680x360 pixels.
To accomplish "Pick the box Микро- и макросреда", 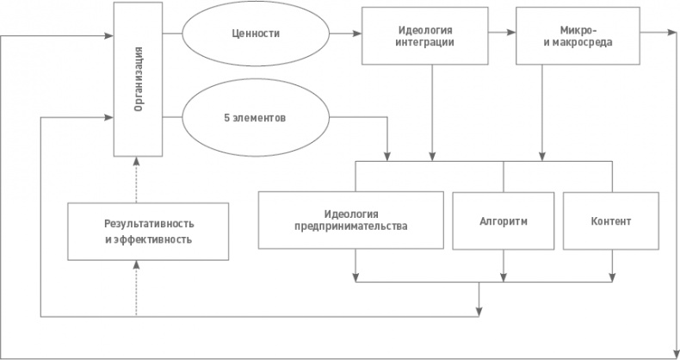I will coord(566,36).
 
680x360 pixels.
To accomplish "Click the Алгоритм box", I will coord(504,220).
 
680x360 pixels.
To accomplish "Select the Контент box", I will coord(611,220).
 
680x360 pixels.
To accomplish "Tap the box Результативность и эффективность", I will coord(148,231).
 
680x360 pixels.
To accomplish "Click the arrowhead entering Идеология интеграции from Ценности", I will coord(356,35).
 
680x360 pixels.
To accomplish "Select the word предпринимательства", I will coord(353,227).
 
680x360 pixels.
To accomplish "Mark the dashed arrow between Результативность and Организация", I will coord(137,180).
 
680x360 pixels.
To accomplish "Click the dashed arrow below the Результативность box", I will coord(137,289).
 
